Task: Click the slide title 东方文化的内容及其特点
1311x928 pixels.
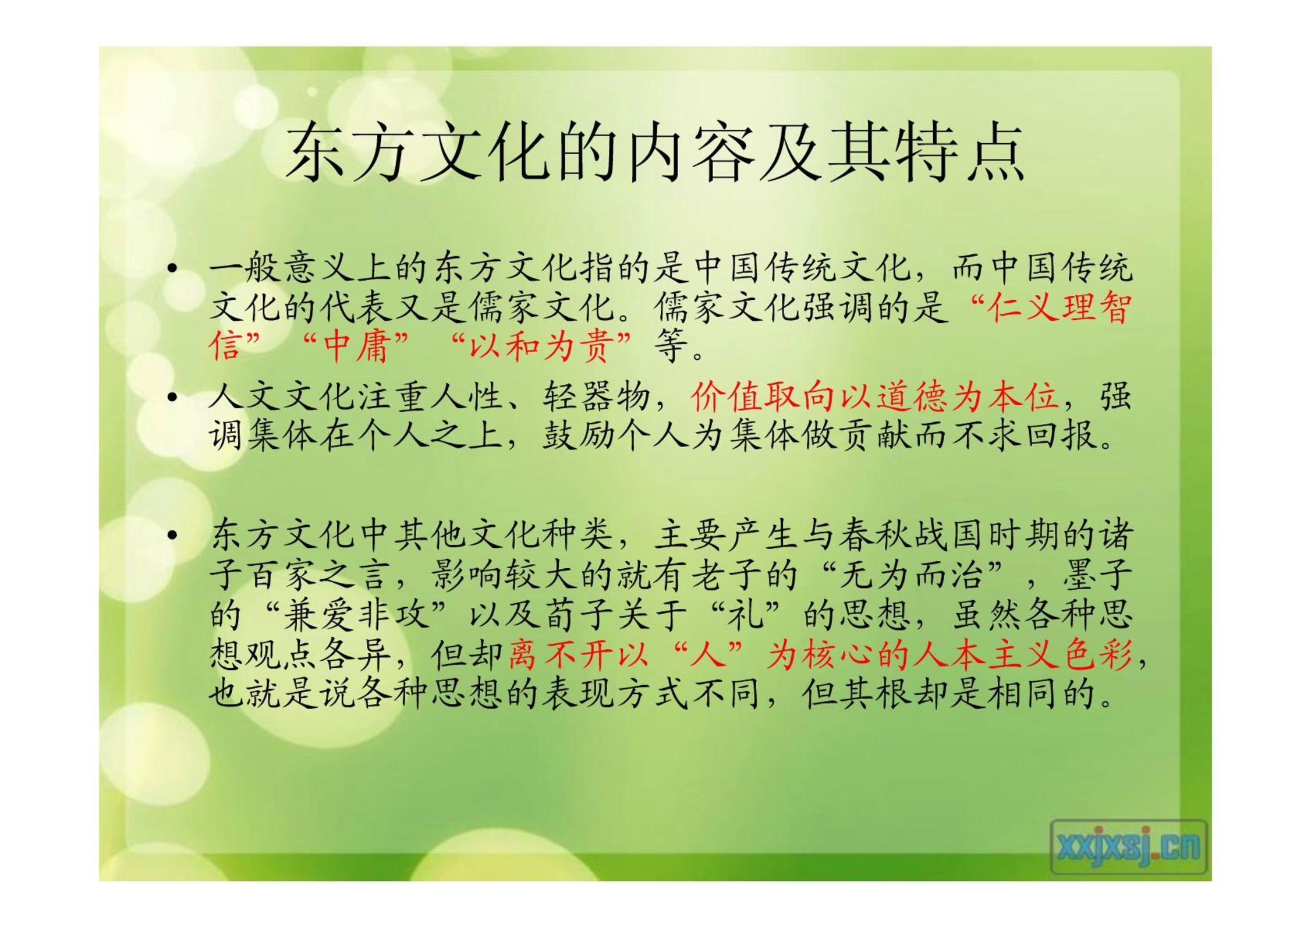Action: coord(655,151)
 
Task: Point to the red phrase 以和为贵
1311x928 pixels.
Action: coord(542,346)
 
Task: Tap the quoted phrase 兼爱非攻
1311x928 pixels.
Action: coord(356,615)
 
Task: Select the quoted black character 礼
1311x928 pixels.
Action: coord(746,615)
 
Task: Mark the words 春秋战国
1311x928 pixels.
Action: coord(911,535)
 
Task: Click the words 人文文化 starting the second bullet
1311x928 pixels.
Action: coord(282,397)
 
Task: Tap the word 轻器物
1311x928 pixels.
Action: coord(597,397)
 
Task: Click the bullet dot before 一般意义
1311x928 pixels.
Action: coord(172,268)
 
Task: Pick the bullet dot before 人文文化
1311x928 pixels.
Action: coord(172,397)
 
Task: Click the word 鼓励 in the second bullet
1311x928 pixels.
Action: coord(579,435)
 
